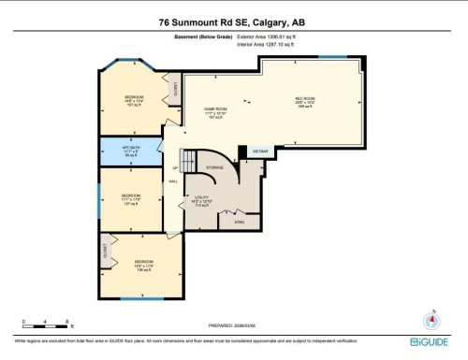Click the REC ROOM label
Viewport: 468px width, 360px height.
(305, 100)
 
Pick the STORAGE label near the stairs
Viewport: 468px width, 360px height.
(215, 166)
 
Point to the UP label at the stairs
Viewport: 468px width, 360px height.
(174, 169)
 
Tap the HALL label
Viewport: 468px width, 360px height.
(173, 181)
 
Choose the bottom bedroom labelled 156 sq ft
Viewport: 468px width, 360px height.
(142, 265)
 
